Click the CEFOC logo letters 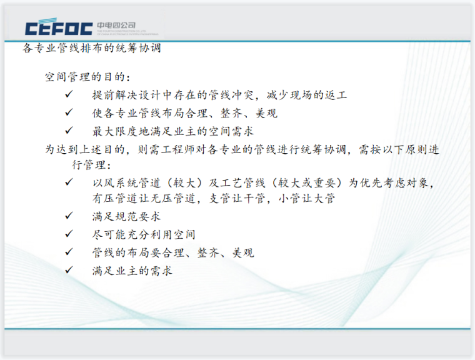[60, 28]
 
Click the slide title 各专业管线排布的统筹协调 [92, 48]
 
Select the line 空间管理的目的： [88, 77]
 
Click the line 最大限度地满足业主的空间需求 [172, 132]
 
